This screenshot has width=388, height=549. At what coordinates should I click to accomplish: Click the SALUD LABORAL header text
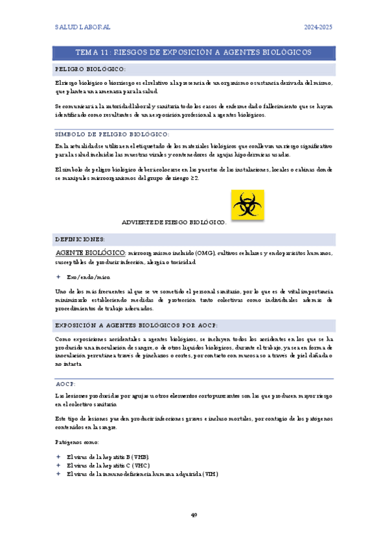pyautogui.click(x=82, y=27)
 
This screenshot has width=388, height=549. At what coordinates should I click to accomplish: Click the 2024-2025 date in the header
pyautogui.click(x=318, y=27)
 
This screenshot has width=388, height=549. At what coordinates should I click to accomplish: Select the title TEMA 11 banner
pyautogui.click(x=194, y=52)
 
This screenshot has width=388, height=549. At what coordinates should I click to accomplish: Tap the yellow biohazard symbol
pyautogui.click(x=247, y=205)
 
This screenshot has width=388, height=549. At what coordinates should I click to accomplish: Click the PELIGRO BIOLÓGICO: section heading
pyautogui.click(x=91, y=69)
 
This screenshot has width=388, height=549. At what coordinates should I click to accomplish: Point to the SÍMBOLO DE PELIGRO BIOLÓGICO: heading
pyautogui.click(x=113, y=134)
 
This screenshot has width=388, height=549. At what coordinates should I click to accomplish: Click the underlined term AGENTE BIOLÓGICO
pyautogui.click(x=90, y=252)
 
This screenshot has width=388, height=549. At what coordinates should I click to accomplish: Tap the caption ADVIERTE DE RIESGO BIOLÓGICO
pyautogui.click(x=174, y=222)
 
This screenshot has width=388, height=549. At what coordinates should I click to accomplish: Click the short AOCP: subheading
pyautogui.click(x=66, y=384)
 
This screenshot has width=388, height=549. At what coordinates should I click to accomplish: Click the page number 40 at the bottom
pyautogui.click(x=194, y=515)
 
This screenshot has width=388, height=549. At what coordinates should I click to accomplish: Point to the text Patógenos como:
pyautogui.click(x=77, y=442)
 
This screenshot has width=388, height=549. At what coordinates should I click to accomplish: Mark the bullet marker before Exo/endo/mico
pyautogui.click(x=58, y=276)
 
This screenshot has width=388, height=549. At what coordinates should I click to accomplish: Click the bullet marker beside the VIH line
pyautogui.click(x=58, y=473)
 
